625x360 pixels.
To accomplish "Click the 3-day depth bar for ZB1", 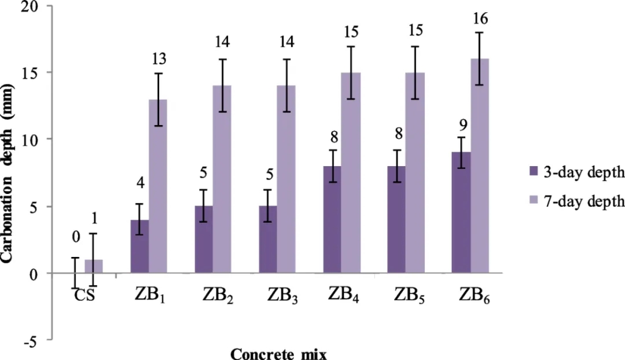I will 139,247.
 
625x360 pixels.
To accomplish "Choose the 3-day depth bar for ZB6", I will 461,213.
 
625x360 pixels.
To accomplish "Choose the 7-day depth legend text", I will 581,201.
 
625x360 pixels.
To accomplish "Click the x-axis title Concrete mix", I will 282,353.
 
